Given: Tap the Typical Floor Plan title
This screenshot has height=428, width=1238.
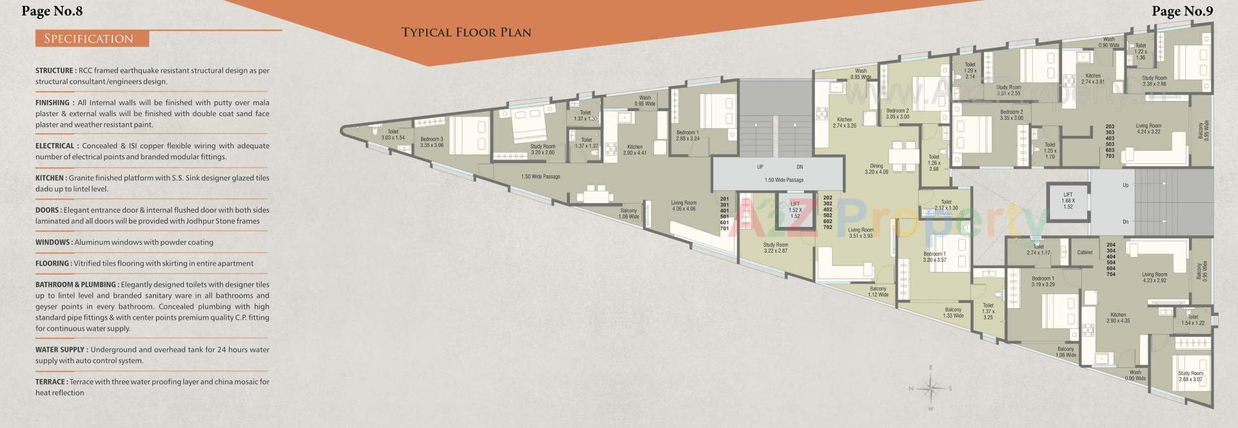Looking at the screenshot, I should [x=466, y=32].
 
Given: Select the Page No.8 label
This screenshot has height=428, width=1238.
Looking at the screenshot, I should [x=52, y=11].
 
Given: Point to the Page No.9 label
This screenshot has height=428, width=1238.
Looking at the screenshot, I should [x=1182, y=11].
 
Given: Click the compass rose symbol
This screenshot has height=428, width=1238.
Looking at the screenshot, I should [x=930, y=388].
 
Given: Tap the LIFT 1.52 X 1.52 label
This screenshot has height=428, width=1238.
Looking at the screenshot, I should [x=795, y=209].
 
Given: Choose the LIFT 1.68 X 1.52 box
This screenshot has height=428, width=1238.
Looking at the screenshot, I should [x=1068, y=200].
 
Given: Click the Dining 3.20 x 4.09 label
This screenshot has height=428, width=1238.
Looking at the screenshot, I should [x=876, y=169].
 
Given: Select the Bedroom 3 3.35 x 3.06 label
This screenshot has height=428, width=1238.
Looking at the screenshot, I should [x=431, y=142].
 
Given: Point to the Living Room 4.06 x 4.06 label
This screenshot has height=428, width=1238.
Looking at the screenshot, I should [x=683, y=206].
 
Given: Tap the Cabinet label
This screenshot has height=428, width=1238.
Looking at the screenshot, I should [x=1085, y=252].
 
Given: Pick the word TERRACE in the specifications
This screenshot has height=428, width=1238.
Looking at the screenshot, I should [x=51, y=382].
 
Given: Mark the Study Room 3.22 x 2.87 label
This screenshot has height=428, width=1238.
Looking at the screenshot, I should [x=776, y=248].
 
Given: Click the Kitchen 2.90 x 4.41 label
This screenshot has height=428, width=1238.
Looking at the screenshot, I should [x=634, y=150].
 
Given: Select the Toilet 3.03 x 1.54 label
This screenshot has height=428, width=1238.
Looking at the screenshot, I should [x=393, y=135].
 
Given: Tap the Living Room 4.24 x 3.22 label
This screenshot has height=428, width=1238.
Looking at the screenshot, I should [x=1148, y=129].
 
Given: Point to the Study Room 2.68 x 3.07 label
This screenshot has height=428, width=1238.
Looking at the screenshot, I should [x=1190, y=376].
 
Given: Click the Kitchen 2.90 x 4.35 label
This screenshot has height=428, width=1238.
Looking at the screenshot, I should [x=1118, y=318].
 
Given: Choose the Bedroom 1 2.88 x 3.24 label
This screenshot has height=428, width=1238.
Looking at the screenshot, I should [x=687, y=135].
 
